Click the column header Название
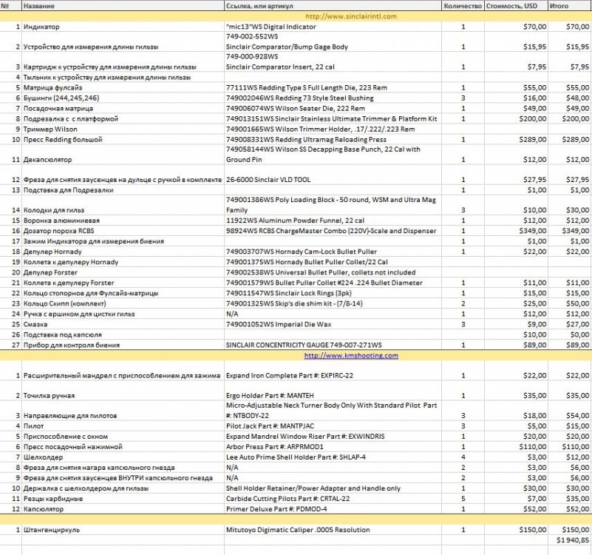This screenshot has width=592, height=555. (x=38, y=6)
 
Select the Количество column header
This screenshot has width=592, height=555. (x=463, y=6)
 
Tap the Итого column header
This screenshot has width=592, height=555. (x=559, y=6)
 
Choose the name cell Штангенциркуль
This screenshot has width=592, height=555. (x=52, y=530)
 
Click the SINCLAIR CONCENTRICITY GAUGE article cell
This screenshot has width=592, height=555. (x=304, y=345)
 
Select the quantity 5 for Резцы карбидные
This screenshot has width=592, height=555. (x=463, y=499)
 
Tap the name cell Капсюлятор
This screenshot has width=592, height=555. (x=44, y=509)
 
